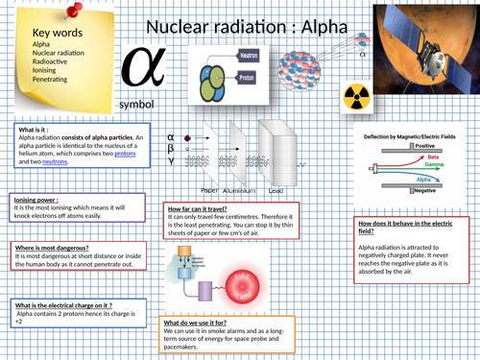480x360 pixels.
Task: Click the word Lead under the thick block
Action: [x=276, y=192]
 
